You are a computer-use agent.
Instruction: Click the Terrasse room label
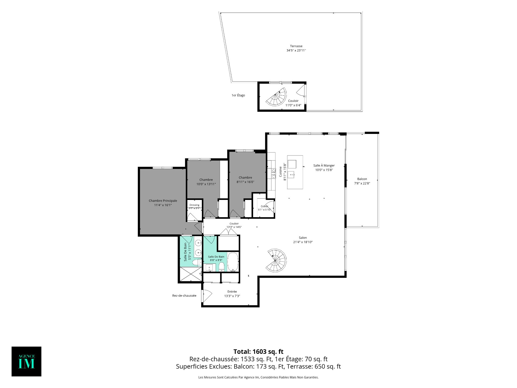point(296,46)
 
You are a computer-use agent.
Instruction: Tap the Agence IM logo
point(26,361)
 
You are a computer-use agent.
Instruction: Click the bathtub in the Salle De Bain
point(233,262)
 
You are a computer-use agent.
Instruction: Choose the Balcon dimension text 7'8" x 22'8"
point(362,183)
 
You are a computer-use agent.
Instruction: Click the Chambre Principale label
point(163,201)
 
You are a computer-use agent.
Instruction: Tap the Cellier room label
point(264,206)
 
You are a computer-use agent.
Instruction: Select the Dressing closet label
point(194,205)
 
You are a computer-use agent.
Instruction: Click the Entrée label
point(232,292)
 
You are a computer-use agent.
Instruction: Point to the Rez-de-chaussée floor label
point(184,296)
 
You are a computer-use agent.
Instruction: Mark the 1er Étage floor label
point(238,95)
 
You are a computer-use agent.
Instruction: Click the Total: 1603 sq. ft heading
point(258,352)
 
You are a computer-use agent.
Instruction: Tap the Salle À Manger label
point(324,165)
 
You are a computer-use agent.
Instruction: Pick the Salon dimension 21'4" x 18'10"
point(303,242)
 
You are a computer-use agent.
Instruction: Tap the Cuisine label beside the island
point(280,172)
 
